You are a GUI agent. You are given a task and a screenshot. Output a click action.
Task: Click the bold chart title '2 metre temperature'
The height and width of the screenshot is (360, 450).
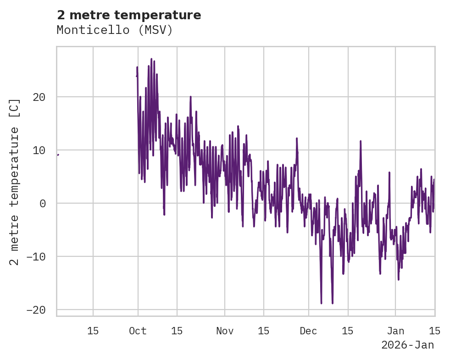pos(129,15)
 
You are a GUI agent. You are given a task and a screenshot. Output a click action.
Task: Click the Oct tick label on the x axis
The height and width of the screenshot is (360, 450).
pos(138,331)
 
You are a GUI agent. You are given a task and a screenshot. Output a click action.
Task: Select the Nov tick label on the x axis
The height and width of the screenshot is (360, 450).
pos(225,331)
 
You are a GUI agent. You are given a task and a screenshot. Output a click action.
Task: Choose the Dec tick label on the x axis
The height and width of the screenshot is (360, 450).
pos(308,331)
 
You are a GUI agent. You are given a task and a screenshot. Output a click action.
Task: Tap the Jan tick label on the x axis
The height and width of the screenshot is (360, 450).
pos(395,331)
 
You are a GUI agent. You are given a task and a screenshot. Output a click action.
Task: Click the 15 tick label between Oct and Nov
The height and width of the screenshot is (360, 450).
pos(177,331)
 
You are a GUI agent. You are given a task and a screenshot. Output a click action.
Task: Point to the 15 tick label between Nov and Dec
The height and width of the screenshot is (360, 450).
pos(264,331)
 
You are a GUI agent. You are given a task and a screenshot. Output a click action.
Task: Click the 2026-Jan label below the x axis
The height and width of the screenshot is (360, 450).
pos(407,345)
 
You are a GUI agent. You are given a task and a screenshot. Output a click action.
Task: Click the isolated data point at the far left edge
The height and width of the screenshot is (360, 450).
pos(58,155)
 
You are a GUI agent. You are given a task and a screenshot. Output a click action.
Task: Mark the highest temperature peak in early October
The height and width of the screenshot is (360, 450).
pos(151,60)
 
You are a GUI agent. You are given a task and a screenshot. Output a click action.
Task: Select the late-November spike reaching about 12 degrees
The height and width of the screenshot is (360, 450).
pos(297,138)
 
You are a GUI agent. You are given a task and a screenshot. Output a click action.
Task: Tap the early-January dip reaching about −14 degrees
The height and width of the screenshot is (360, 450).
pos(398,279)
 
